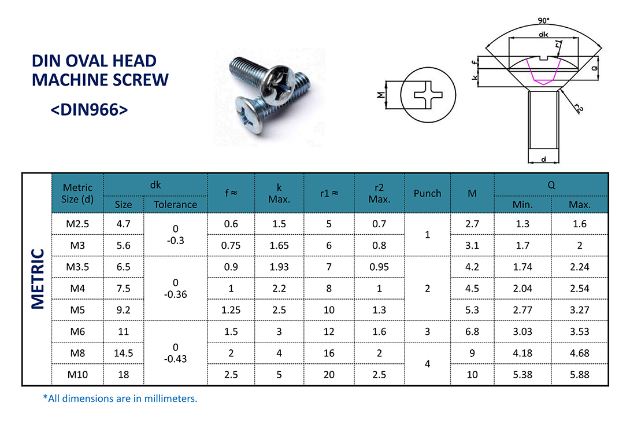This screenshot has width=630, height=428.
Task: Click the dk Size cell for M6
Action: [x=123, y=331]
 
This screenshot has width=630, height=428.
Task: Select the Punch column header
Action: [x=427, y=193]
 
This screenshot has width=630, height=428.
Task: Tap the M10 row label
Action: [x=77, y=374]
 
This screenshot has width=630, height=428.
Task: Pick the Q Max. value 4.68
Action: [x=579, y=353]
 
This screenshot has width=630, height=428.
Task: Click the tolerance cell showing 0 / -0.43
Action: [x=175, y=353]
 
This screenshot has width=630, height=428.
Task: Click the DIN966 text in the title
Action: [x=89, y=110]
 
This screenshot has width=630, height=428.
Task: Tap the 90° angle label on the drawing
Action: [x=543, y=21]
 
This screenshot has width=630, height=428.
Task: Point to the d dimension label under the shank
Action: [x=544, y=157]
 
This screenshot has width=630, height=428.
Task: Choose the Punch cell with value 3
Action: [x=427, y=331]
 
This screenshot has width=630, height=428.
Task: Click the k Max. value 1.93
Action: [x=279, y=267]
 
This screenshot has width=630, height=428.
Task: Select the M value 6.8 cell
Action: [x=472, y=331]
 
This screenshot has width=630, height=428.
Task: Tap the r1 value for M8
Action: [x=329, y=353]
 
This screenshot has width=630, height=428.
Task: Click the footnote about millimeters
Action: [x=120, y=399]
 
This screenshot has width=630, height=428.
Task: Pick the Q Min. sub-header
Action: [x=522, y=204]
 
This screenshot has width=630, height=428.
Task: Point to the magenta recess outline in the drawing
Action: [x=543, y=74]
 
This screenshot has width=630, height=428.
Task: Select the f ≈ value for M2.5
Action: [x=231, y=224]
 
